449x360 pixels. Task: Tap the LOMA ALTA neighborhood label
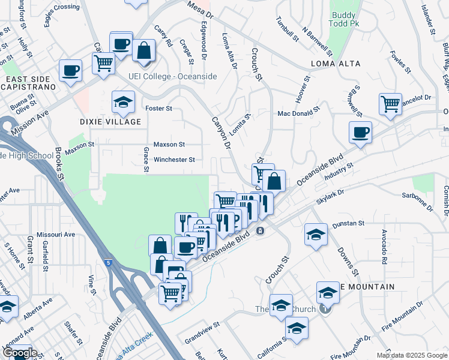tap(336, 64)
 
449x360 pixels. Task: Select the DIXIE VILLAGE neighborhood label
tap(110, 122)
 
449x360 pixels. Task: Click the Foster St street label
tap(159, 109)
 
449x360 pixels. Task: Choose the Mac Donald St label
tap(298, 112)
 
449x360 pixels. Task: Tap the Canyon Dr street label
tap(220, 133)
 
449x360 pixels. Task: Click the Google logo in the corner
tap(20, 353)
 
